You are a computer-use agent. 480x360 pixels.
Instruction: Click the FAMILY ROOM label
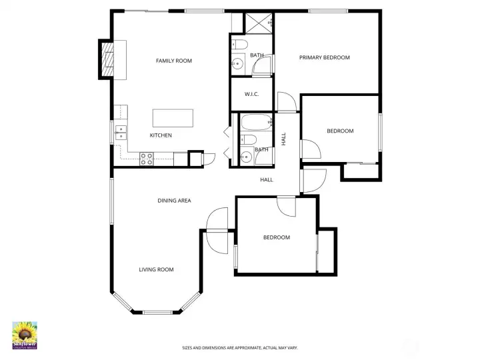tap(173, 61)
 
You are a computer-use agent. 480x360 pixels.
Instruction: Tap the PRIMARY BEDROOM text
tap(324, 57)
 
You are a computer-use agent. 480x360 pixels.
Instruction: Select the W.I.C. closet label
tap(251, 94)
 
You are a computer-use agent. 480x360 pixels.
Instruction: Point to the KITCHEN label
tap(161, 135)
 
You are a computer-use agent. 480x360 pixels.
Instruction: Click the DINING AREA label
tap(174, 200)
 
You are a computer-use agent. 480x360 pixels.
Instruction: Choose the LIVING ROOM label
tap(156, 269)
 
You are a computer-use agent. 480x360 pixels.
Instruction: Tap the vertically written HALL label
tap(283, 139)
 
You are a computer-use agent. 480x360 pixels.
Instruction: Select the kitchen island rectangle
tap(173, 118)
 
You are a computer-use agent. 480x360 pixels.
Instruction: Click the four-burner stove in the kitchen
tap(147, 158)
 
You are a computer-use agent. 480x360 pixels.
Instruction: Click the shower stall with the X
tap(260, 23)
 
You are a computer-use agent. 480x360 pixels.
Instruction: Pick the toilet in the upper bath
tap(240, 45)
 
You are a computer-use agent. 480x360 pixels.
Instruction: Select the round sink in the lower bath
tap(246, 158)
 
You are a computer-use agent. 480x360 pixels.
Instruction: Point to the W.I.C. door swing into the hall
tap(286, 102)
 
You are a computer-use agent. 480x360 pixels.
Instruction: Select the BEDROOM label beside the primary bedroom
tap(339, 131)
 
